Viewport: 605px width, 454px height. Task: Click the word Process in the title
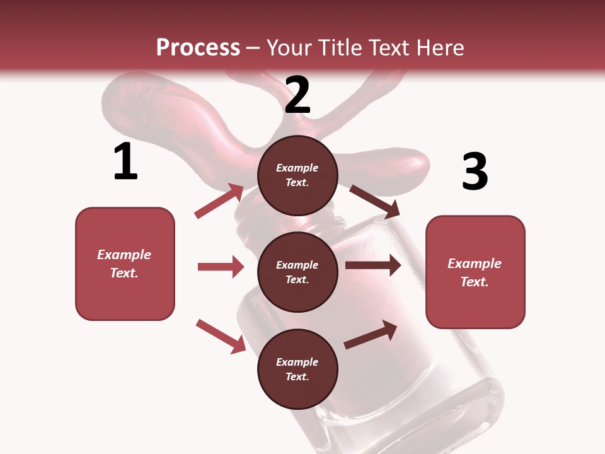[x=198, y=47]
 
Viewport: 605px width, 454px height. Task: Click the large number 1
[x=125, y=162]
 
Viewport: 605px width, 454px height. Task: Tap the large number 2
[x=297, y=95]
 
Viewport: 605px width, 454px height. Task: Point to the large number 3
[x=475, y=172]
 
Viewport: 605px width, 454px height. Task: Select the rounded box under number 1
[x=125, y=264]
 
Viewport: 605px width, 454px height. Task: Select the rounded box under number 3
[x=475, y=272]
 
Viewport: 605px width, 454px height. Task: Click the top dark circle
[x=297, y=175]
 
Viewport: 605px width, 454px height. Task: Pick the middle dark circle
[x=297, y=272]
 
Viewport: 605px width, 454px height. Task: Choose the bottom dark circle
[x=297, y=369]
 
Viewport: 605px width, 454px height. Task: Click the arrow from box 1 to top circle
[x=219, y=201]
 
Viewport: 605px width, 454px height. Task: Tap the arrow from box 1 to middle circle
[x=221, y=267]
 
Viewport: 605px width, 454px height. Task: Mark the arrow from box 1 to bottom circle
[x=221, y=335]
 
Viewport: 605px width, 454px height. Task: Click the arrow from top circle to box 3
[x=374, y=202]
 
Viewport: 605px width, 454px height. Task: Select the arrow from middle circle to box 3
[x=373, y=265]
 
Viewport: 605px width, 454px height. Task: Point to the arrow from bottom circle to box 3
[x=371, y=335]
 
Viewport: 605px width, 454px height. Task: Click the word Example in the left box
[x=124, y=255]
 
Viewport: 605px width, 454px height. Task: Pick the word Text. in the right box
[x=475, y=282]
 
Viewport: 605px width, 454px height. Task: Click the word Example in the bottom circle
[x=297, y=362]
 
